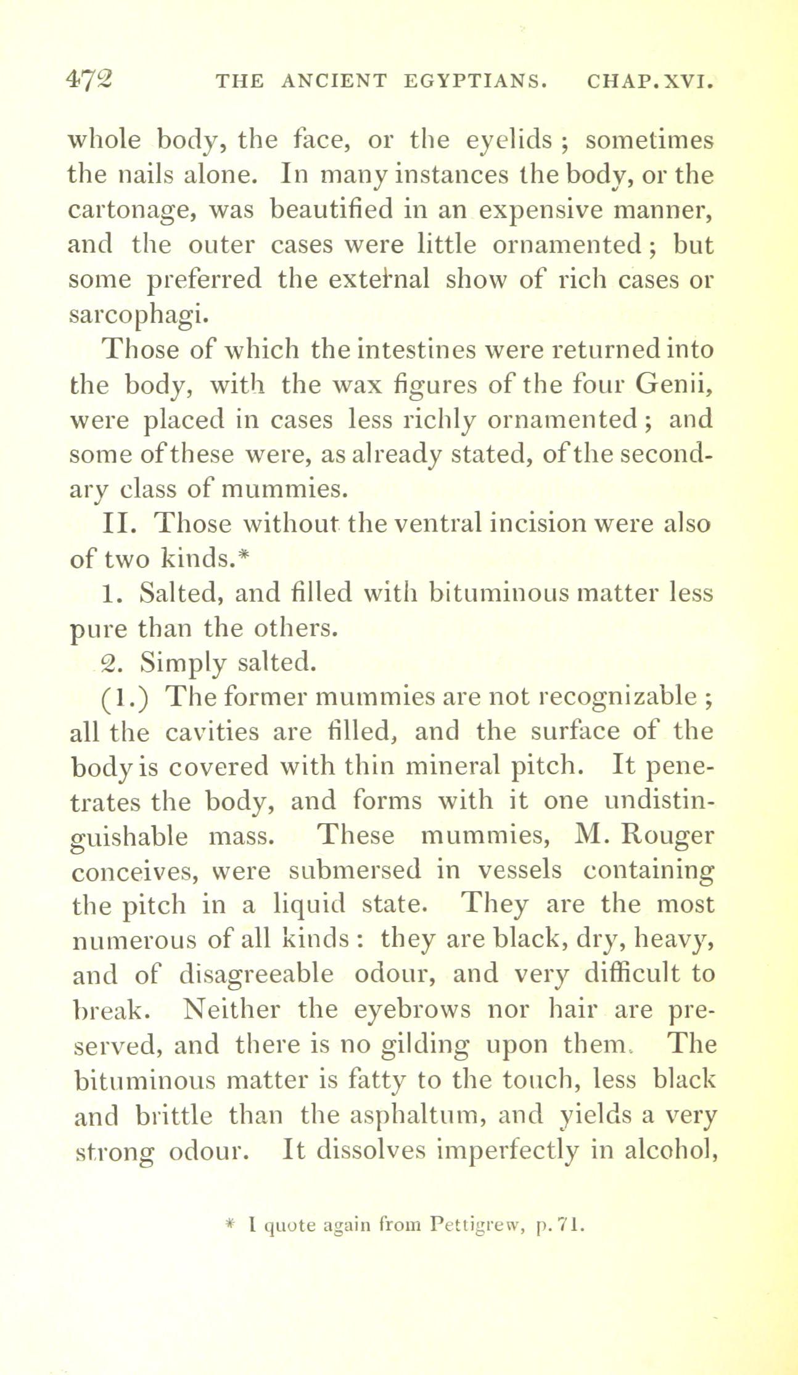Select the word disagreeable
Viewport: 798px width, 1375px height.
point(256,975)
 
